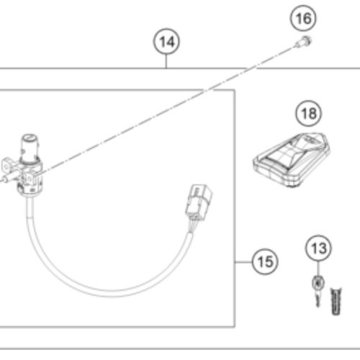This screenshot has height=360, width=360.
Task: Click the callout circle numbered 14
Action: coord(166,42)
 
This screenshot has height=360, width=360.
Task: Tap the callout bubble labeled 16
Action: coord(303,18)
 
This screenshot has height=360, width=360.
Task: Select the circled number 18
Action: coord(309,113)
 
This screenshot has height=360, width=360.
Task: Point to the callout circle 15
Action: coord(265,261)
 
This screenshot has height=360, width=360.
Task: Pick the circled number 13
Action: coord(319,248)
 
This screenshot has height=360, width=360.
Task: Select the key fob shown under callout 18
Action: coord(292,160)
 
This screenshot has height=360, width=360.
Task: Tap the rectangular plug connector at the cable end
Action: coord(199,202)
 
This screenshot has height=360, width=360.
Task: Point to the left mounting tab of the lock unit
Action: coord(6,165)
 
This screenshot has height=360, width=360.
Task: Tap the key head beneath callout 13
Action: coord(318,283)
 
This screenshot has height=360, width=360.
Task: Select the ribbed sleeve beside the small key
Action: coord(336,301)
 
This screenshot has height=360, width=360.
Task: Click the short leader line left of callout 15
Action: coord(243,262)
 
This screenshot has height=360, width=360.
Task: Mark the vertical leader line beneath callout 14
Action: coord(166,61)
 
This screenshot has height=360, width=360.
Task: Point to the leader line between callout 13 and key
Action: coord(318,269)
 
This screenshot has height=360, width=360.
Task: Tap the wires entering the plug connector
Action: coord(192,225)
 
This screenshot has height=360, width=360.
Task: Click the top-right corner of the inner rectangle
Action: coord(235,90)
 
